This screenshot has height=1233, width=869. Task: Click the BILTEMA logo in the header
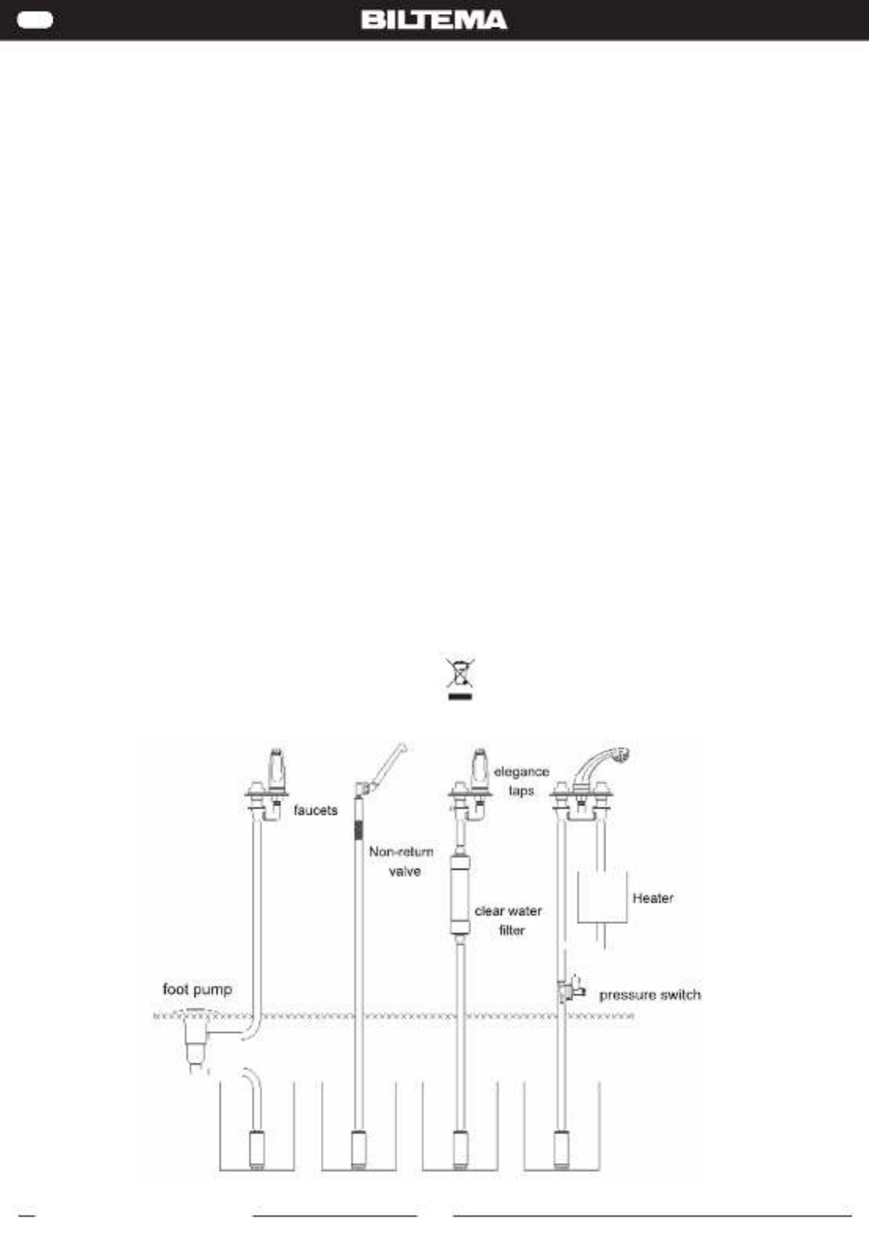(x=434, y=20)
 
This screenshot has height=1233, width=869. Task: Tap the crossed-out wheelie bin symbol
(x=460, y=678)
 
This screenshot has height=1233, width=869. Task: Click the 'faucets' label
(x=315, y=810)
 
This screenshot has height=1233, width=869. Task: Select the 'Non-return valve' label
(x=402, y=861)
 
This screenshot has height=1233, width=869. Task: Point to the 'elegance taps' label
(x=522, y=781)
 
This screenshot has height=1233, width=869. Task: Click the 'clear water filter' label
(x=508, y=920)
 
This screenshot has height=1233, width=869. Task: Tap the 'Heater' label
(x=653, y=898)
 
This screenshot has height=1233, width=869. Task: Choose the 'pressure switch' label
(x=650, y=995)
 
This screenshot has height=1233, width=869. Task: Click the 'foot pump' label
(x=198, y=989)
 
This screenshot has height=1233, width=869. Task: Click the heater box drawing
(x=602, y=897)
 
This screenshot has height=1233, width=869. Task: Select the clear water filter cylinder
(x=460, y=894)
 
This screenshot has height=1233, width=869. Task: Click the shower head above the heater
(x=601, y=765)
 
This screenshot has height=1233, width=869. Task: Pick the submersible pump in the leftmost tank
(x=257, y=1149)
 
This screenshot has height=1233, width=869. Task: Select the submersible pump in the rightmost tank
(x=562, y=1149)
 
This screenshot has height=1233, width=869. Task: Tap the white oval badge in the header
(x=35, y=20)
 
